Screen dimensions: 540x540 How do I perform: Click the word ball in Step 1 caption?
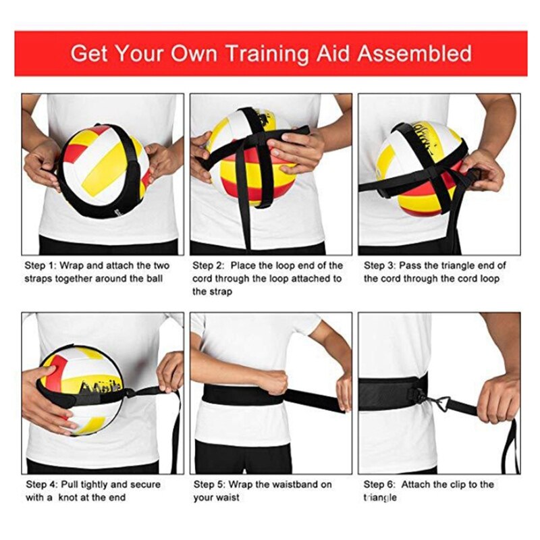[x=153, y=279]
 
